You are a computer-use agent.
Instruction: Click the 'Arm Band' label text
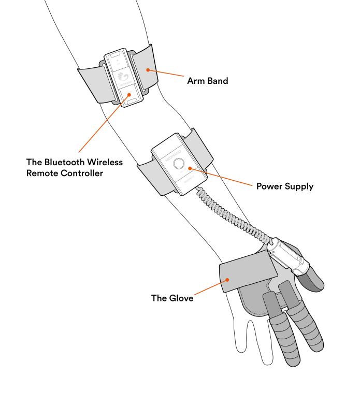pos(207,81)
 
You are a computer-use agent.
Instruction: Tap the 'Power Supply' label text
pos(285,186)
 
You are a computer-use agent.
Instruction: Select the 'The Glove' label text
pos(172,298)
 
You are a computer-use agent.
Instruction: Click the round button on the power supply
pos(179,164)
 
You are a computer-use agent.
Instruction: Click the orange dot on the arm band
pos(148,68)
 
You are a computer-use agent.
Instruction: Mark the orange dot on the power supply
pos(190,168)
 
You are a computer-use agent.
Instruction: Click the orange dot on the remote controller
pos(122,95)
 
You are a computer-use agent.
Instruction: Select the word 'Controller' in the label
pos(82,173)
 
